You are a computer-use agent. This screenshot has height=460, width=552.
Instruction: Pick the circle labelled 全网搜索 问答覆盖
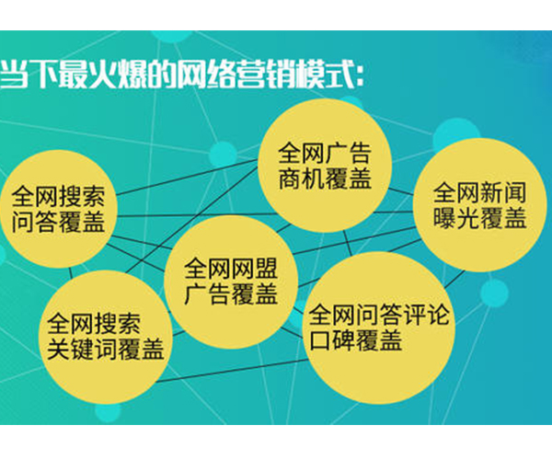[x=57, y=210]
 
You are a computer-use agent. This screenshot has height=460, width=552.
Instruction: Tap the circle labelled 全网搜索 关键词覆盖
[x=105, y=336]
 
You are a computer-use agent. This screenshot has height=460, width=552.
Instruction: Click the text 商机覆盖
[x=327, y=177]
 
